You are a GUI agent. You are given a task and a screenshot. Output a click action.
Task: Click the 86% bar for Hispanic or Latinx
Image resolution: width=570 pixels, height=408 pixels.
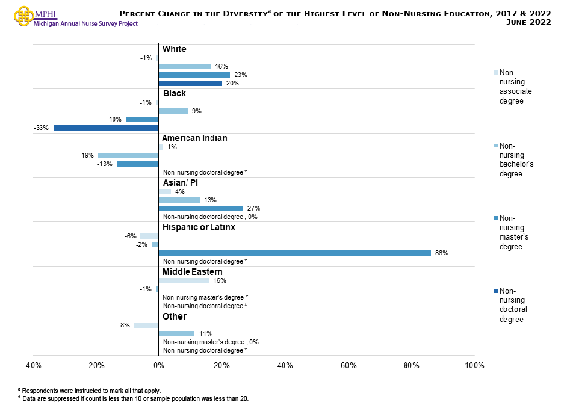[x=294, y=253]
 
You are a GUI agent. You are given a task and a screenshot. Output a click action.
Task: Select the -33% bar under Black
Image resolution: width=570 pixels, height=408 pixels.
[x=105, y=128]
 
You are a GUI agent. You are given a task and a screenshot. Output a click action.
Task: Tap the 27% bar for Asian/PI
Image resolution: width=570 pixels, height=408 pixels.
[x=200, y=208]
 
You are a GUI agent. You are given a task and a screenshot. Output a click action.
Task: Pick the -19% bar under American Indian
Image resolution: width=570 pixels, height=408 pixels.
[x=128, y=155]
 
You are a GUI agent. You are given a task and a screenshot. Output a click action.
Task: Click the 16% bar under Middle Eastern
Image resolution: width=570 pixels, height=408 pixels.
[x=184, y=280]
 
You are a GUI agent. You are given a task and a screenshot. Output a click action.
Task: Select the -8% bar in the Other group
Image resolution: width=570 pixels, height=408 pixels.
[x=146, y=325]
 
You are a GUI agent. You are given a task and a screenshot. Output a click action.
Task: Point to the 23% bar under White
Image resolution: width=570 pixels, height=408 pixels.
[x=194, y=75]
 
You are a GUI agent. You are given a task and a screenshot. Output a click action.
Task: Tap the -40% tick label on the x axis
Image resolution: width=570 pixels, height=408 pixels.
[x=32, y=366]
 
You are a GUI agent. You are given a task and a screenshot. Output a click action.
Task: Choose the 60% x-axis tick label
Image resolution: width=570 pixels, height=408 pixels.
[x=349, y=366]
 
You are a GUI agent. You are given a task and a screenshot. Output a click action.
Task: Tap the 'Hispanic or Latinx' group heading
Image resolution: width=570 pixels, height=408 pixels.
[x=199, y=227]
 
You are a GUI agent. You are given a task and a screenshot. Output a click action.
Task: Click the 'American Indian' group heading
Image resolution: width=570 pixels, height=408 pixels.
[x=194, y=138]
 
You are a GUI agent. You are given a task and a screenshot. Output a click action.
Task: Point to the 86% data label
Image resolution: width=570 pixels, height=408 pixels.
[x=441, y=253]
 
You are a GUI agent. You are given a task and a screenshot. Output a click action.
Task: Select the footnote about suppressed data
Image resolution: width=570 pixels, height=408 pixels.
[x=132, y=398]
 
